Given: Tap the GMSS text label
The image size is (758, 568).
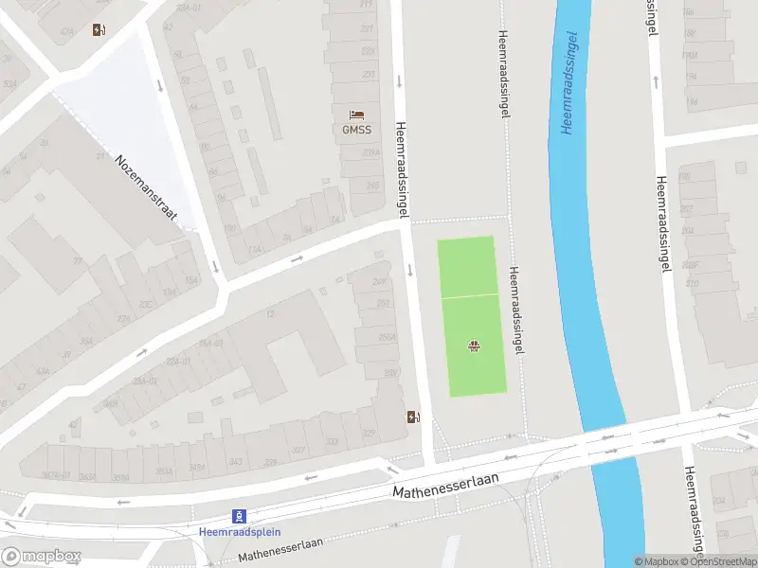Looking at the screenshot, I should [x=356, y=130].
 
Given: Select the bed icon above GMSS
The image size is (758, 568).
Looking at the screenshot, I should [x=356, y=115].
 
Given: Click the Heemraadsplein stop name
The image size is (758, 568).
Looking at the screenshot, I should [x=240, y=531].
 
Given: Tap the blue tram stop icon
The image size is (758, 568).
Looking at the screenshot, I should [x=240, y=516].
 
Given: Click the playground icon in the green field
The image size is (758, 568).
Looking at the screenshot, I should [x=473, y=346].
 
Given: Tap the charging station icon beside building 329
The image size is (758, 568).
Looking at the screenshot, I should [x=412, y=417].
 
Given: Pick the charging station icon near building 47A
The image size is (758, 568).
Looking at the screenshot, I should [x=99, y=29].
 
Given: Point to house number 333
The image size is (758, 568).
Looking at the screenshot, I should [x=332, y=442].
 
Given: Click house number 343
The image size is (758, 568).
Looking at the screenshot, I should [x=236, y=461].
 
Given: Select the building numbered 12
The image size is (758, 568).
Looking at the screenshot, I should [x=270, y=314].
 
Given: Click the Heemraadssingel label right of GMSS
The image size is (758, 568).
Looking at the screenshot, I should [x=402, y=170].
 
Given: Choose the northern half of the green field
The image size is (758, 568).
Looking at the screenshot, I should [x=466, y=266].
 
